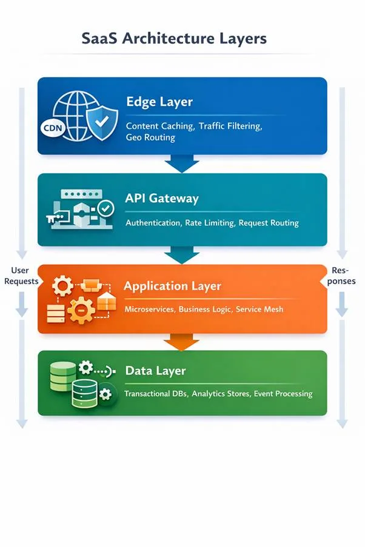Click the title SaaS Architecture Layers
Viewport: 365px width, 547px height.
tap(174, 39)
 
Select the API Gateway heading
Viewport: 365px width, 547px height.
tap(162, 198)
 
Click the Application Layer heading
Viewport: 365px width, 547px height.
tap(172, 285)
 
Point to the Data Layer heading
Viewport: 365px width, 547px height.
tap(155, 370)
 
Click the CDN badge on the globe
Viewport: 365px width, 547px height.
tap(53, 128)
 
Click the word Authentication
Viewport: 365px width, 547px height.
tap(153, 223)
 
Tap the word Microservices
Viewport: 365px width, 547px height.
tap(149, 309)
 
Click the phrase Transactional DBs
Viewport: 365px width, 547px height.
tap(156, 394)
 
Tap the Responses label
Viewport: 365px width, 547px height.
tap(341, 276)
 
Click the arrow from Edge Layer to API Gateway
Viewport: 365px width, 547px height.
tap(181, 163)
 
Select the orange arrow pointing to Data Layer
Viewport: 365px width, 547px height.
tap(181, 342)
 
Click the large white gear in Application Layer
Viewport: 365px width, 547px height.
tap(80, 311)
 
